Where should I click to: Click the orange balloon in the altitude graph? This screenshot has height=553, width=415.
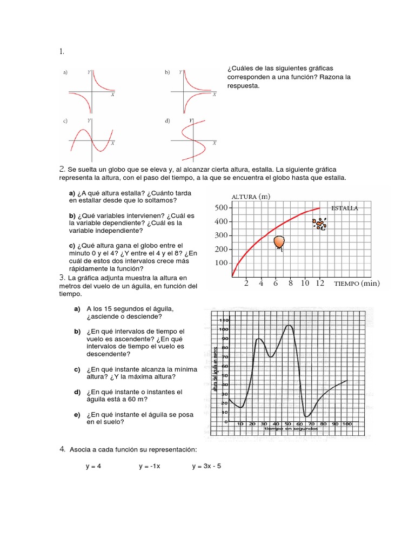click(x=280, y=243)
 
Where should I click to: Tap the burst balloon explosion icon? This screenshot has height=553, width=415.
click(x=320, y=224)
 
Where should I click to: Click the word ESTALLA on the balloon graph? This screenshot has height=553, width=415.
click(x=344, y=208)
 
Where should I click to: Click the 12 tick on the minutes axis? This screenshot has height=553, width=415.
click(x=320, y=283)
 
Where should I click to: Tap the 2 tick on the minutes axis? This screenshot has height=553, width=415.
click(x=246, y=283)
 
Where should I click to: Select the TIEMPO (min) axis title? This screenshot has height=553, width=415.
click(x=357, y=283)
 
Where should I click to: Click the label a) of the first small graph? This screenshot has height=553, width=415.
click(x=65, y=72)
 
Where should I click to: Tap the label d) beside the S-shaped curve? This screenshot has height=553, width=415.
click(x=168, y=121)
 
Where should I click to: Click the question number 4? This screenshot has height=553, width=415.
click(x=62, y=449)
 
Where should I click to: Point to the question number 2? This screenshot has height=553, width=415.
click(x=62, y=169)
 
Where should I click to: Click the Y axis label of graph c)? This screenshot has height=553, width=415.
click(x=89, y=120)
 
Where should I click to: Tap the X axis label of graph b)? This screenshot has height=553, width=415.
click(x=215, y=95)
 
